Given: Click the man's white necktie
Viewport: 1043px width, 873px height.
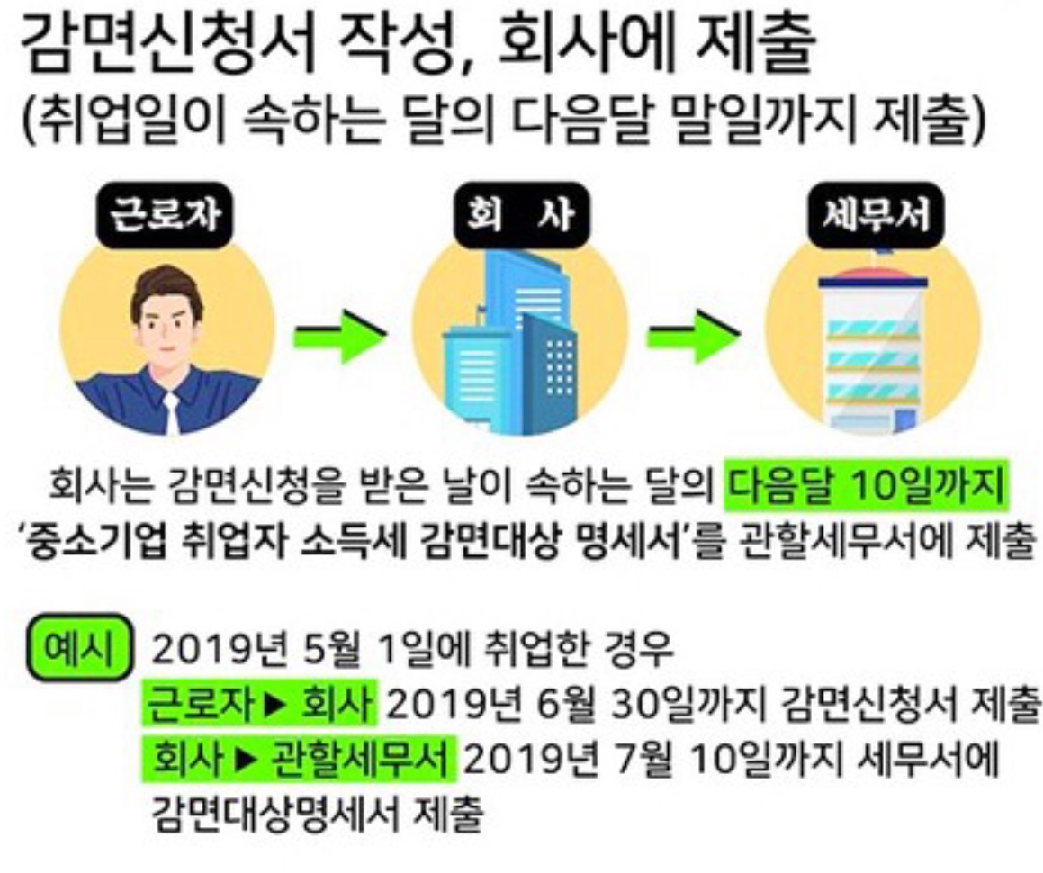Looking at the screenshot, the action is [170, 414].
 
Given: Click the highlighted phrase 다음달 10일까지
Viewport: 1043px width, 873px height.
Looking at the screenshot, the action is [866, 491].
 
